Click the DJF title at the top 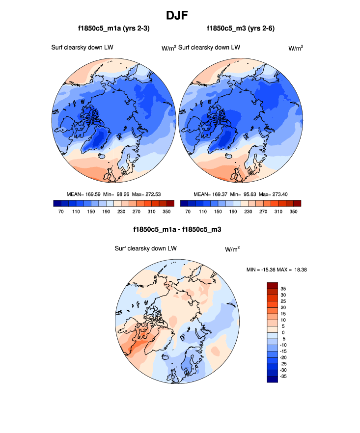(180, 15)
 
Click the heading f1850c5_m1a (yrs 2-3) (113, 29)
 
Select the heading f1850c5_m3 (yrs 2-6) (241, 29)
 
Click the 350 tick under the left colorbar (166, 212)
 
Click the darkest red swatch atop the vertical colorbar (273, 285)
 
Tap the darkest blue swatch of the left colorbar (56, 203)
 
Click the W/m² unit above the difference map (232, 249)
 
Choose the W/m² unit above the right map (295, 48)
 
